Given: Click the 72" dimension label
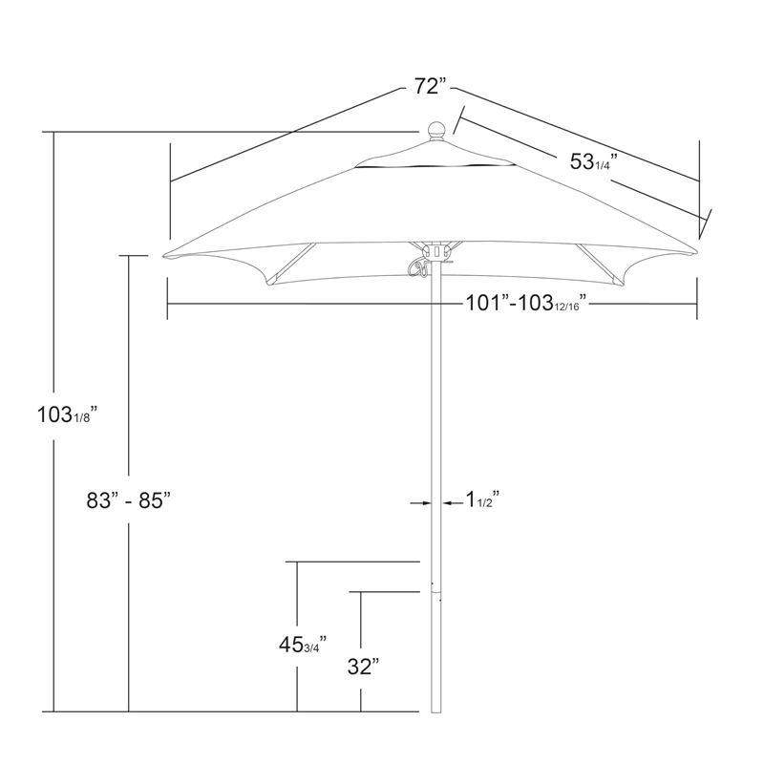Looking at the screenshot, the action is coord(431,87).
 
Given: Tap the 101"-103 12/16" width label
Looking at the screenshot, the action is coord(526,304).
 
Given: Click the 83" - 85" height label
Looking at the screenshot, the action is coord(129,499).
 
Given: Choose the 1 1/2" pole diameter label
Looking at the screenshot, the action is coord(483,499).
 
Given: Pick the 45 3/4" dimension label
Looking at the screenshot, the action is coord(302,646).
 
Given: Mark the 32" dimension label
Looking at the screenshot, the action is coord(364,667).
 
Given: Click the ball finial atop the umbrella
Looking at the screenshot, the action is coord(436,132).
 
